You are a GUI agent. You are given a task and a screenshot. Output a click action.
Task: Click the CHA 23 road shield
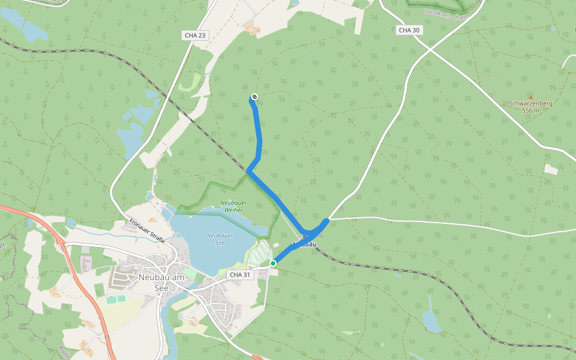tap(195, 35)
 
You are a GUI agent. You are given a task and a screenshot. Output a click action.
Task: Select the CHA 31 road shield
tap(239, 274)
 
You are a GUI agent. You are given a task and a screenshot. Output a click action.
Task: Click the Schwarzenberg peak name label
tap(530, 103)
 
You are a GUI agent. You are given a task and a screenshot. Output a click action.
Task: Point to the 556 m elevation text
tap(530, 110)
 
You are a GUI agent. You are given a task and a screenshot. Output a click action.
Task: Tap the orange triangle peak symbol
tap(530, 96)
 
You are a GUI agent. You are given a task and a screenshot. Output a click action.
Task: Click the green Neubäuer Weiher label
tap(233, 206)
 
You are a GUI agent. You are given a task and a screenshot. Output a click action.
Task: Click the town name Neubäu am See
tap(162, 281)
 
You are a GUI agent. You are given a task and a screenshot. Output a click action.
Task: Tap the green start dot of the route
tap(273, 263)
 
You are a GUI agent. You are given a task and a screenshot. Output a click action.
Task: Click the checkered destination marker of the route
tap(254, 97)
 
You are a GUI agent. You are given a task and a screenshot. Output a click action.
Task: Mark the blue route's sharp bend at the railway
tap(248, 172)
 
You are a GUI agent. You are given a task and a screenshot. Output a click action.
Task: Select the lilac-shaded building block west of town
tap(86, 263)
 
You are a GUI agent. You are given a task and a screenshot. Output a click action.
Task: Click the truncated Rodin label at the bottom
tap(65, 352)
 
